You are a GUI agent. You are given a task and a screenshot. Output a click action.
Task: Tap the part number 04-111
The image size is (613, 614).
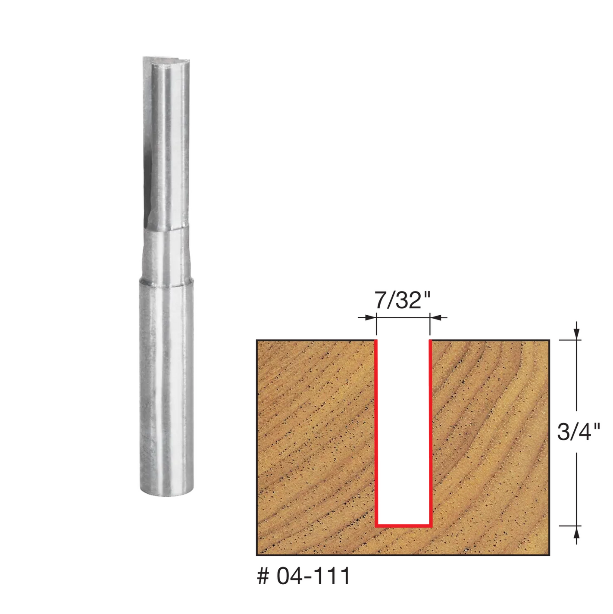pos(313,576)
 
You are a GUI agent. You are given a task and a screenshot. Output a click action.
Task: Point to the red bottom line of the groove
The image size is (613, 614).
pos(403,525)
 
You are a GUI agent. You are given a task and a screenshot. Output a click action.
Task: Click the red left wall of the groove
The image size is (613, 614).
pos(376,431)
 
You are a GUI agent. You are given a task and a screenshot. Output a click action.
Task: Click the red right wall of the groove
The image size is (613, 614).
pos(430,431)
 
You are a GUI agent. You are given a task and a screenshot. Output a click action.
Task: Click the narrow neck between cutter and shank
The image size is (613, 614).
pos(166,257)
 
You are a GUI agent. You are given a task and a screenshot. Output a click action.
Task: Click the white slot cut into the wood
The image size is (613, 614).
pos(403,431)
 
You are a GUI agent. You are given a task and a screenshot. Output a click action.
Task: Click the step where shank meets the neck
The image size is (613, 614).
pos(166,282)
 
